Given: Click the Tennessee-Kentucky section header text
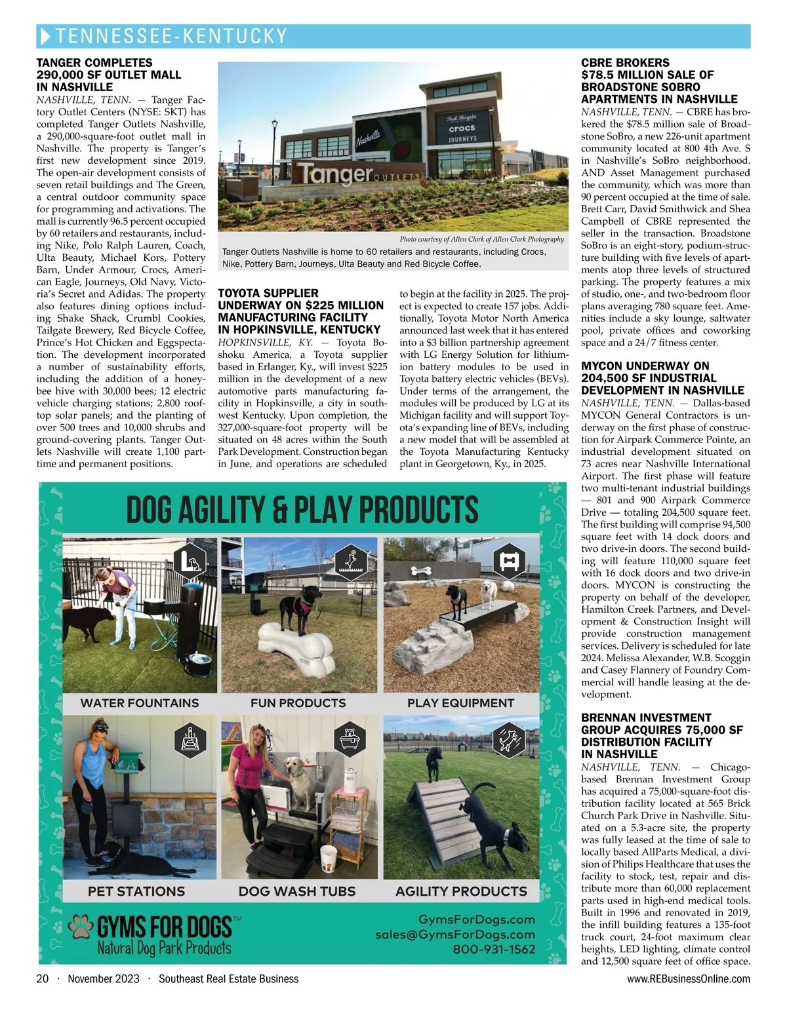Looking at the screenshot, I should pos(172,36).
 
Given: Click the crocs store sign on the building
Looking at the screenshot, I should pos(462,129).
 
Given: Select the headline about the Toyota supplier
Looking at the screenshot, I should pos(300,311).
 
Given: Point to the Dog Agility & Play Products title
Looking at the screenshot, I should pos(302,510).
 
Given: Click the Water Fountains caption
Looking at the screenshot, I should pos(140,703).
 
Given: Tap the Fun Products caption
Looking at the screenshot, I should pos(298,703).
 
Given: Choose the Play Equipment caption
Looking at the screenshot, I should pos(460,703).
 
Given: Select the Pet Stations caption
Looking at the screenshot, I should pos(136,891).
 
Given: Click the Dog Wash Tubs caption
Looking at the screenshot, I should pos(297,891).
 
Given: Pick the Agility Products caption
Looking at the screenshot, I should pos(461,891).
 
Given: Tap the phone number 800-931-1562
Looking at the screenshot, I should pos(494,950).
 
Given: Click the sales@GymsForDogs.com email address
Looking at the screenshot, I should pos(455,935).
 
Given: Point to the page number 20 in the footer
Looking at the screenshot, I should pos(43,979).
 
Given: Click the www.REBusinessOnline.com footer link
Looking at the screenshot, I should pos(689,979).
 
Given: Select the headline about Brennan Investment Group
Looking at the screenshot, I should pos(662,736).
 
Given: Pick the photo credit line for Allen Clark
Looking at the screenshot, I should pos(481,239).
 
